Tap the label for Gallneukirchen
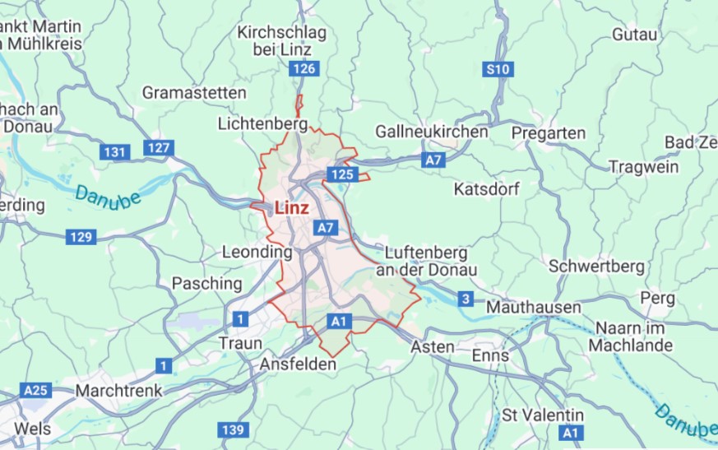click(x=431, y=132)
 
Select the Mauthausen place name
click(x=533, y=307)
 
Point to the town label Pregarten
click(x=549, y=132)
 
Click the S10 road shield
click(x=498, y=70)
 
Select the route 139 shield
click(x=234, y=429)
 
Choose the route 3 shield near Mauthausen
click(x=466, y=299)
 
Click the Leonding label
click(x=257, y=253)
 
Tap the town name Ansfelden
click(x=298, y=364)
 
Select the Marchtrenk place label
click(x=118, y=390)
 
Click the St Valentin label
click(x=543, y=415)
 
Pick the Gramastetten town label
click(x=194, y=92)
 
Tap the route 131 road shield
click(x=114, y=152)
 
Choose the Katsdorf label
click(x=486, y=189)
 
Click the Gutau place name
click(x=635, y=35)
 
